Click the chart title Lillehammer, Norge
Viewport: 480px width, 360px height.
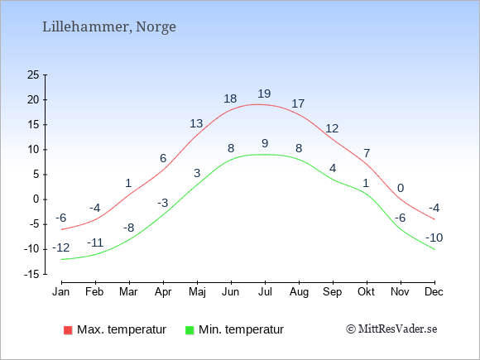(x=109, y=27)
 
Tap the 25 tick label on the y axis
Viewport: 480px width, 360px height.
(x=33, y=74)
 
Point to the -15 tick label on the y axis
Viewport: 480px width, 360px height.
(x=31, y=274)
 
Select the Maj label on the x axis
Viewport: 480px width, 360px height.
(x=197, y=292)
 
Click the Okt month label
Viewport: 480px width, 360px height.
(x=366, y=292)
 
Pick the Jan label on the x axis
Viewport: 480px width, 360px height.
(x=61, y=292)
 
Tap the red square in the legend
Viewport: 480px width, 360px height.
(x=68, y=330)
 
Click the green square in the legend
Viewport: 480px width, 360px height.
(x=190, y=330)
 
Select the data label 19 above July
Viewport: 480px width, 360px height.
(x=264, y=94)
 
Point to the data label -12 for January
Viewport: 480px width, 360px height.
(x=61, y=247)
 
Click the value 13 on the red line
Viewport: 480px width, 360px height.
(x=196, y=123)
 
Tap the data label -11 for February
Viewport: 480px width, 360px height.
(x=95, y=242)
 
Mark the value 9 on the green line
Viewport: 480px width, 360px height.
(x=265, y=143)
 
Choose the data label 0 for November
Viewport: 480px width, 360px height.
(x=401, y=188)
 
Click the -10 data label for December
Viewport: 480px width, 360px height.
(x=434, y=238)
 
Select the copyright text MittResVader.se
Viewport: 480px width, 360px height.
(x=391, y=329)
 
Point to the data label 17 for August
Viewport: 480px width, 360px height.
(x=298, y=103)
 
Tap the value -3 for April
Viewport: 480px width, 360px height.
(x=163, y=203)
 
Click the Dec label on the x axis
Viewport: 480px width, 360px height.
(x=434, y=292)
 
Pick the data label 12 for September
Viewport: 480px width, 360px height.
(x=332, y=128)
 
